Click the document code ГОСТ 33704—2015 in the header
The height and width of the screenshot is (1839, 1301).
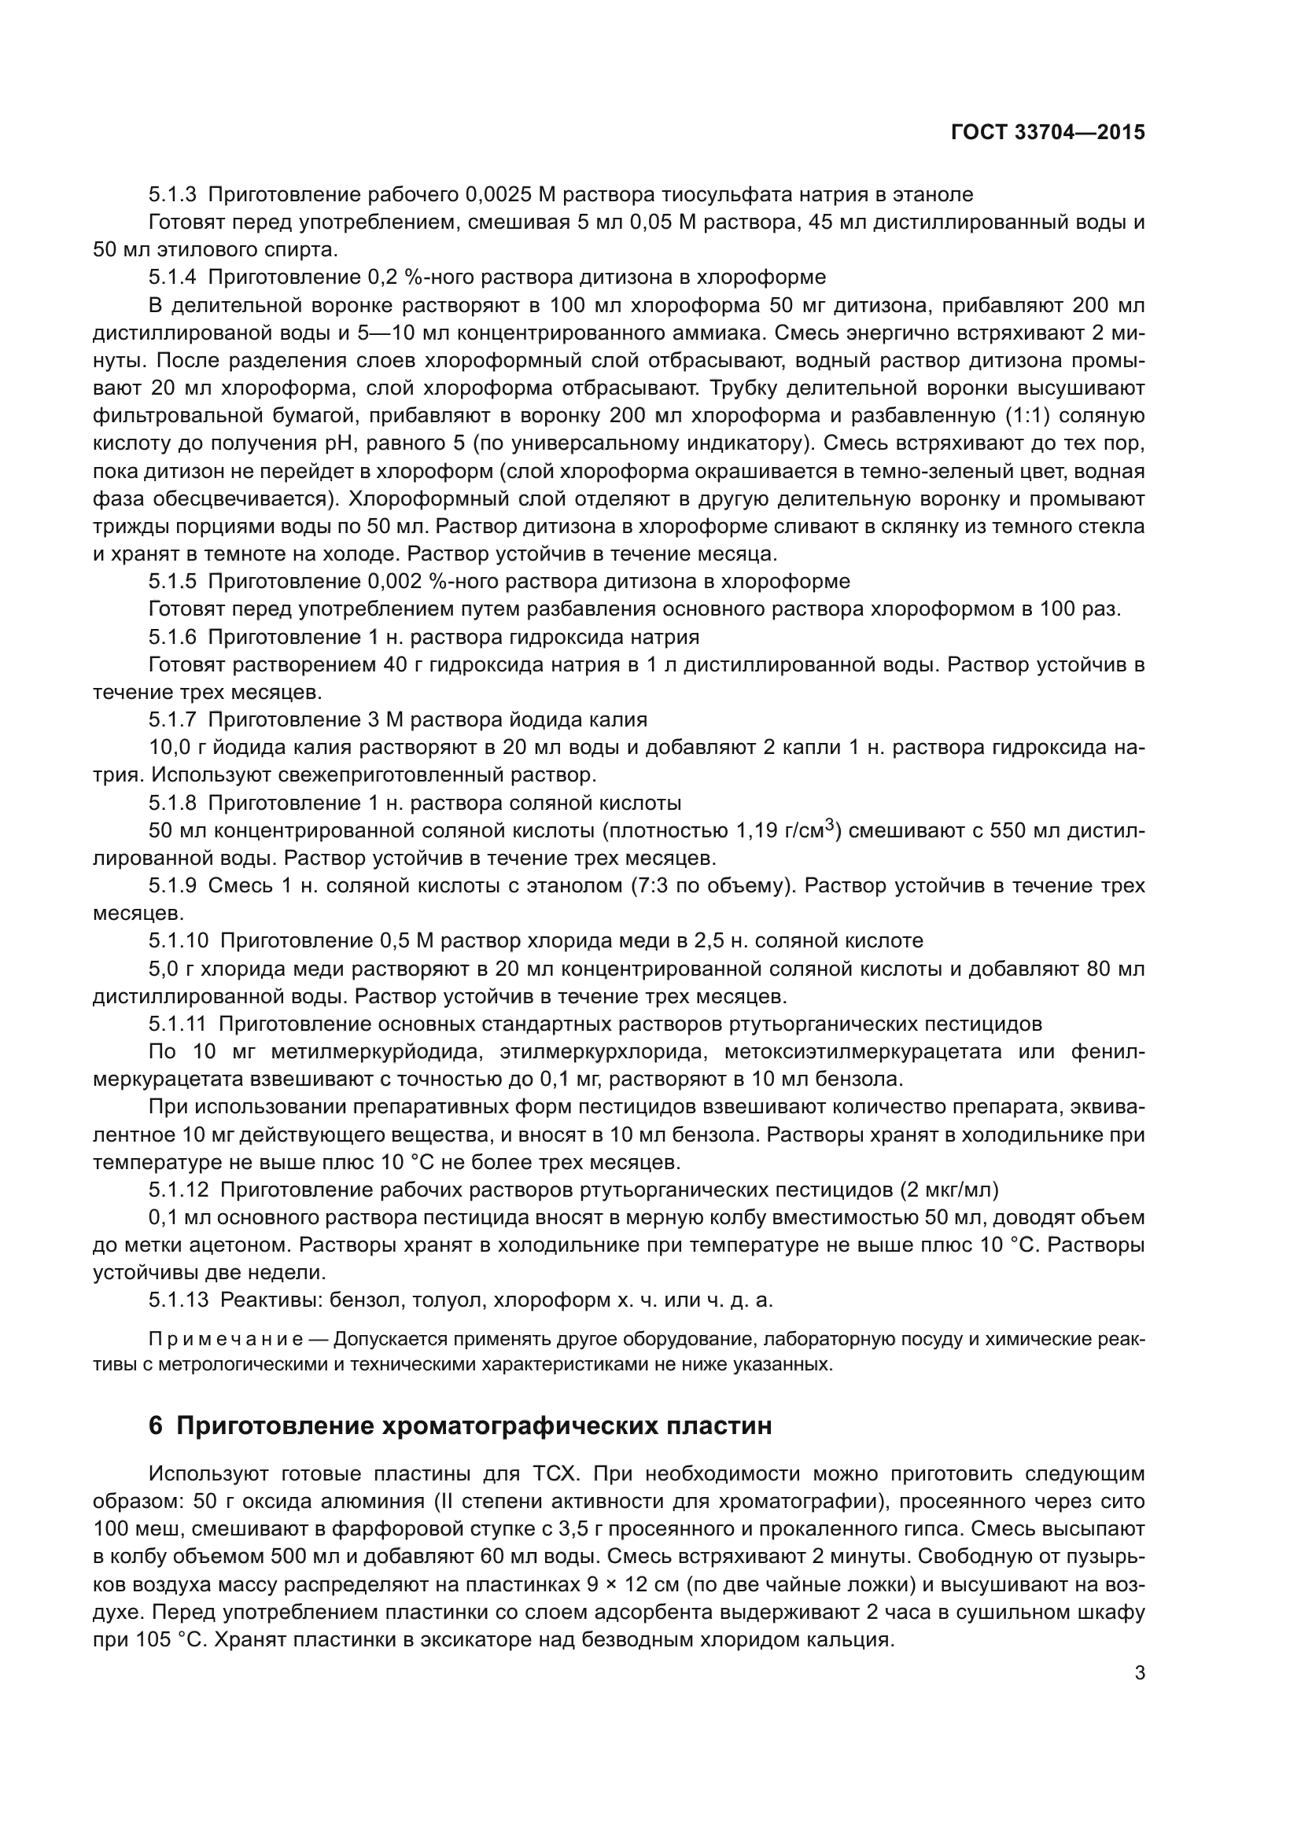pyautogui.click(x=1048, y=133)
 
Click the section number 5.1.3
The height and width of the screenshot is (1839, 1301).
pyautogui.click(x=172, y=195)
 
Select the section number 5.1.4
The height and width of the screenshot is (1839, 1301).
pyautogui.click(x=172, y=277)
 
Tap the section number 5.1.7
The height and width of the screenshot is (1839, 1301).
pyautogui.click(x=172, y=719)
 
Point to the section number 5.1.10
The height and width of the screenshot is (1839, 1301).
pyautogui.click(x=178, y=940)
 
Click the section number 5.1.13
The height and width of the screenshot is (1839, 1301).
pyautogui.click(x=178, y=1300)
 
